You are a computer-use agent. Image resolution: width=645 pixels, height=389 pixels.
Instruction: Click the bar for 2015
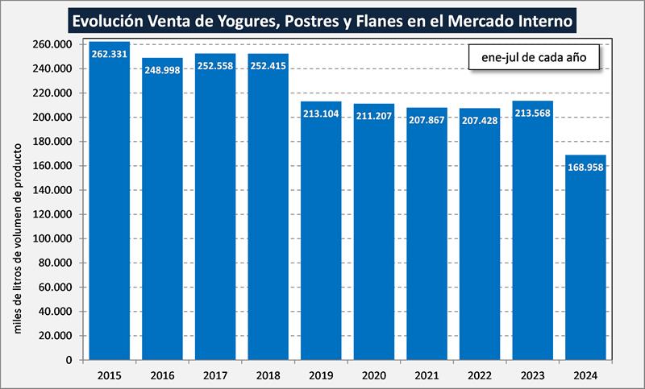tap(110, 201)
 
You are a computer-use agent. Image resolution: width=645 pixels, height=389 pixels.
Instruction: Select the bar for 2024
tap(585, 258)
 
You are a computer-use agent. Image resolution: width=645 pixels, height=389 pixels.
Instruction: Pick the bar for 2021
tap(427, 234)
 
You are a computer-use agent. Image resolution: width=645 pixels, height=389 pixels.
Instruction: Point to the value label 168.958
tap(585, 168)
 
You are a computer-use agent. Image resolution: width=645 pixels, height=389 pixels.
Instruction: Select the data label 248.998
tap(162, 70)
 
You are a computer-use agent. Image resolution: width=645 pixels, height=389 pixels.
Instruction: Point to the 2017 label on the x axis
tap(215, 375)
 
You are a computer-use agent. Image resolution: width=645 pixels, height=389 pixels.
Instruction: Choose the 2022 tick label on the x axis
tap(480, 375)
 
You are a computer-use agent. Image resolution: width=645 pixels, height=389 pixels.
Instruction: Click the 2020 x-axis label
tap(374, 375)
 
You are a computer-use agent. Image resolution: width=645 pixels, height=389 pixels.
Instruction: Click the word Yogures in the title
tap(237, 18)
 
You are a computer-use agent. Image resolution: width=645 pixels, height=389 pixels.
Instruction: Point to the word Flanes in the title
tap(383, 18)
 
